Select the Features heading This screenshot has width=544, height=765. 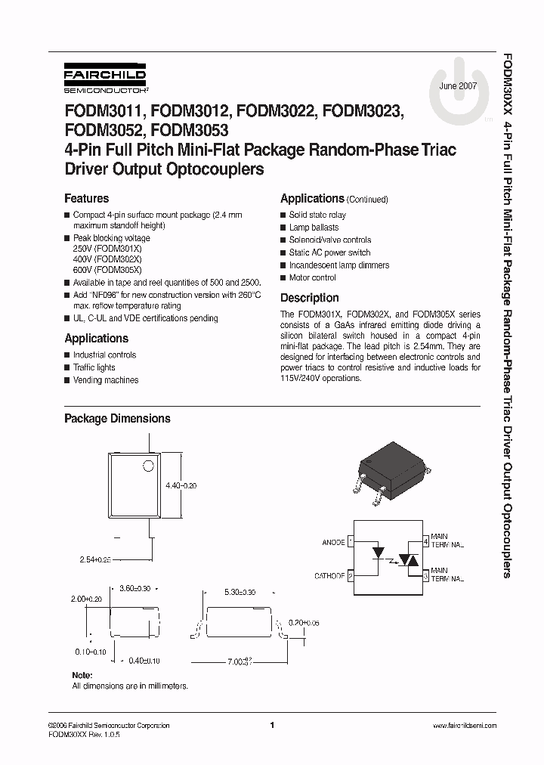click(x=86, y=199)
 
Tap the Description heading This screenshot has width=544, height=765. click(x=309, y=298)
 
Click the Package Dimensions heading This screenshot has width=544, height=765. click(x=117, y=419)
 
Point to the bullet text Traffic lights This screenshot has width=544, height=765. click(x=94, y=367)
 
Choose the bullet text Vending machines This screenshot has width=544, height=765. click(x=106, y=380)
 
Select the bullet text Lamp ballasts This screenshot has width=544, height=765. click(x=314, y=228)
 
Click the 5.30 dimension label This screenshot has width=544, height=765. click(x=240, y=593)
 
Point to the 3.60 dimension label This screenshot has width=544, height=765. click(x=136, y=587)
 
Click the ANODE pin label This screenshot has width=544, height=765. click(x=332, y=542)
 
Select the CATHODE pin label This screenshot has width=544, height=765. click(x=329, y=576)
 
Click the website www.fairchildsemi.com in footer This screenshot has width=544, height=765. click(x=464, y=726)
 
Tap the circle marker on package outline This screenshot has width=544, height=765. click(x=149, y=466)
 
